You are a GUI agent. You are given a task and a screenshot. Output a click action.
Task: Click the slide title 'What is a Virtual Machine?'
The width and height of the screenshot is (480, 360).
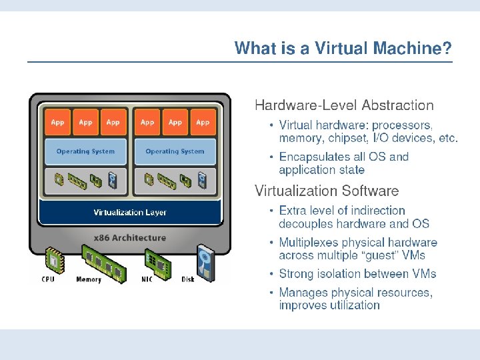click(x=343, y=49)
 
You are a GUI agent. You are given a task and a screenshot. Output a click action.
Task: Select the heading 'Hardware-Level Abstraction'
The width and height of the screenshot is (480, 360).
click(x=344, y=105)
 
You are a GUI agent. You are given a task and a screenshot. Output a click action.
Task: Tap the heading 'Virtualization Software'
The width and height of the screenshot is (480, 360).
click(x=327, y=191)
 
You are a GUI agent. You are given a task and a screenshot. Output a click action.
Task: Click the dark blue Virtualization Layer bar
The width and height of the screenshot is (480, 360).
click(x=130, y=213)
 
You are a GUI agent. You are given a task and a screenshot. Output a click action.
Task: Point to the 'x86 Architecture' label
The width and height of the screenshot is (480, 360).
click(x=130, y=237)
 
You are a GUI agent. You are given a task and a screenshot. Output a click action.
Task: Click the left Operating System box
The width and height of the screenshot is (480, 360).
click(x=85, y=151)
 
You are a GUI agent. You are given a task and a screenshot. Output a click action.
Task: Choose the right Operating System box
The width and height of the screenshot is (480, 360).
click(x=175, y=151)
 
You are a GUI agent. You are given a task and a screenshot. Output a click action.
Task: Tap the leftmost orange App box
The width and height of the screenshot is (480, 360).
click(x=58, y=122)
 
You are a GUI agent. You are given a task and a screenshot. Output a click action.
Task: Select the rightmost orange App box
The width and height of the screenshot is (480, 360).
click(x=203, y=122)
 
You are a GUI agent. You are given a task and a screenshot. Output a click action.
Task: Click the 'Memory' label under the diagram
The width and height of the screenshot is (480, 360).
click(x=89, y=279)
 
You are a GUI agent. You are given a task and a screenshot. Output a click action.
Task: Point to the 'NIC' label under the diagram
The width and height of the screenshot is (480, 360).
click(x=147, y=279)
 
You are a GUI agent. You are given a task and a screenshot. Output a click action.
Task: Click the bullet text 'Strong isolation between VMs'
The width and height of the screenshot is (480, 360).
click(x=357, y=274)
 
